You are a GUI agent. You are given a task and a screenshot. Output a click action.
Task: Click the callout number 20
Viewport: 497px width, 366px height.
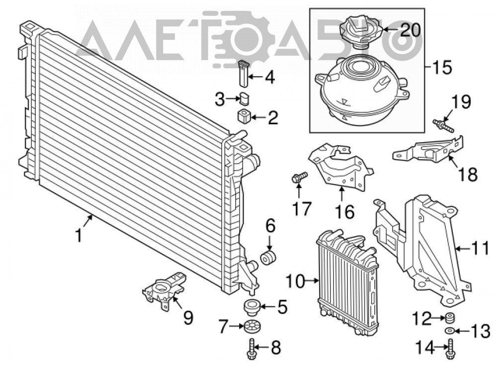pyautogui.click(x=410, y=30)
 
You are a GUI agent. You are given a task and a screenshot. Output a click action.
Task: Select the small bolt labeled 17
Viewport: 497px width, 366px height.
pyautogui.click(x=299, y=178)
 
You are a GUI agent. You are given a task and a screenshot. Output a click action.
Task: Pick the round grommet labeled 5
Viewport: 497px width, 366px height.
pyautogui.click(x=251, y=308)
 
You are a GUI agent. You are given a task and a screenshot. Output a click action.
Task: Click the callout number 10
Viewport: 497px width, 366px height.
pyautogui.click(x=295, y=280)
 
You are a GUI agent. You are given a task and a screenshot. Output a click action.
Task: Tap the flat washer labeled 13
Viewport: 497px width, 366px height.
pyautogui.click(x=449, y=331)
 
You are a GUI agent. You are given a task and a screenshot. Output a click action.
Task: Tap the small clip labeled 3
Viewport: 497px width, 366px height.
pyautogui.click(x=244, y=98)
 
